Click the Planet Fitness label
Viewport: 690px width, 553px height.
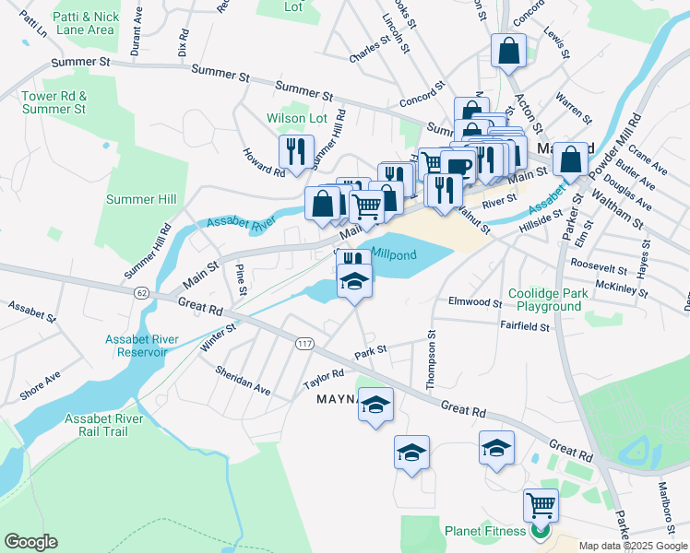click(485, 531)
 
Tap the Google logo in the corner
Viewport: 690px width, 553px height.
click(30, 542)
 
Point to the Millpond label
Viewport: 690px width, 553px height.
click(394, 253)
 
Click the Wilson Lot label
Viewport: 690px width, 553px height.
click(297, 118)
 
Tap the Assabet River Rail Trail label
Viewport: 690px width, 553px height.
click(103, 426)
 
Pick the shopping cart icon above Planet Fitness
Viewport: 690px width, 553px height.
click(540, 505)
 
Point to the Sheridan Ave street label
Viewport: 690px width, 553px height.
click(244, 381)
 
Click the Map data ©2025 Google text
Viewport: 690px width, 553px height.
click(632, 546)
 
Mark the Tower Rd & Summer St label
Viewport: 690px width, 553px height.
click(54, 102)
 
